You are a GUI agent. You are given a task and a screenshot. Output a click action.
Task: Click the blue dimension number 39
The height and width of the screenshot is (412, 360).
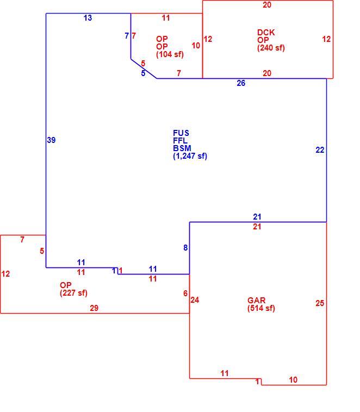(x=51, y=140)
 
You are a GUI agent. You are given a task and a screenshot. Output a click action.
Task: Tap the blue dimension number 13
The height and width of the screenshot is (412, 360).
(x=88, y=18)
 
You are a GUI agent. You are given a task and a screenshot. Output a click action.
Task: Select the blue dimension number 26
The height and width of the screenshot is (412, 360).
(x=241, y=83)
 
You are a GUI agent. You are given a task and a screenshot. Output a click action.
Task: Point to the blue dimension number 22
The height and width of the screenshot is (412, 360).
(x=320, y=150)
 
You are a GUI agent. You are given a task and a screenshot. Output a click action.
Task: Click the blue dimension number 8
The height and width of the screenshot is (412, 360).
(x=185, y=248)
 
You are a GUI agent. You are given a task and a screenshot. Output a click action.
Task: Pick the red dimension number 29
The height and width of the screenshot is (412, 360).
(x=94, y=308)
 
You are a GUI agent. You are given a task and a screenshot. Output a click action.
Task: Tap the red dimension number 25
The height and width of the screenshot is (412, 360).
(x=320, y=303)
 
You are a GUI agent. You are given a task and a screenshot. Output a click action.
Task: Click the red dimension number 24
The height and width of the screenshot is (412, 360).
(x=195, y=300)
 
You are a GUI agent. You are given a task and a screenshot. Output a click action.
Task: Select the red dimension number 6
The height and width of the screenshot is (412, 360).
(x=185, y=293)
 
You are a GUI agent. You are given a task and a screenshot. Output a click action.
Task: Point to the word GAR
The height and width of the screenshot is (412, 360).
(x=256, y=301)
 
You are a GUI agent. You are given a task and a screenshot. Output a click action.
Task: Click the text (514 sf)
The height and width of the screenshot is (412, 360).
(x=261, y=308)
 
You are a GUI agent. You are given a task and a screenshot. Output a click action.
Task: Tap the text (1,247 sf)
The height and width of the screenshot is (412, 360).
(x=190, y=156)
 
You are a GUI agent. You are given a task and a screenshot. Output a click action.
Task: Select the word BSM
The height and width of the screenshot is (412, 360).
(x=182, y=148)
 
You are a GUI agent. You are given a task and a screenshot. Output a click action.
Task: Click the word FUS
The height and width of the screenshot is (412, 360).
(x=181, y=133)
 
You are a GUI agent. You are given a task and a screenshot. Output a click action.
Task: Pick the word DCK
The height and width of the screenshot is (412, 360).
(x=266, y=33)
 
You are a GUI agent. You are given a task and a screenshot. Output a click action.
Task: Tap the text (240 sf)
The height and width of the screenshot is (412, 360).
(x=271, y=48)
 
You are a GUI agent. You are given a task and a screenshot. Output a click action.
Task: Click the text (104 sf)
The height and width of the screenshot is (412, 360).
(x=170, y=54)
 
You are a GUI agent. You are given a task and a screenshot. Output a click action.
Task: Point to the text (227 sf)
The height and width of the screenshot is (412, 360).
(x=73, y=293)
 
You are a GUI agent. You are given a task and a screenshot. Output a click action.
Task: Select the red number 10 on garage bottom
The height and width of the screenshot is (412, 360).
(x=293, y=380)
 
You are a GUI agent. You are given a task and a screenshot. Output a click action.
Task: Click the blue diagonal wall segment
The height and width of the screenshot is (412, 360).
(x=144, y=68)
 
